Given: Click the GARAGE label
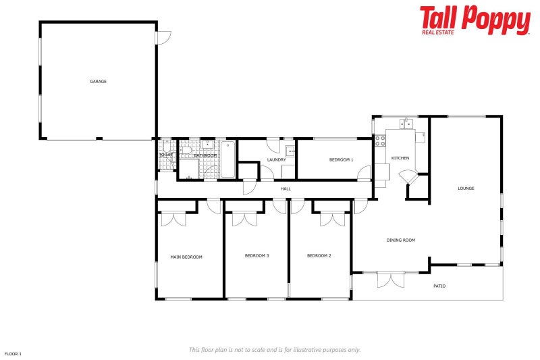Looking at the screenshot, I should tap(99, 82).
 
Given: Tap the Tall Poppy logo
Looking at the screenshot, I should tap(475, 20).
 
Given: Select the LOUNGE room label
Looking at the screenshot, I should tap(466, 188).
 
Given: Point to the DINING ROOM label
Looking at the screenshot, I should tap(400, 240).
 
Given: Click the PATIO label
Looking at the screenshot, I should tap(439, 286).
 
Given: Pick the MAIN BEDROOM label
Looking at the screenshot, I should tap(186, 257).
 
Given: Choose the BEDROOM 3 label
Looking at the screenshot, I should tap(256, 255).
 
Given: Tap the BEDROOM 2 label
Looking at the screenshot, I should tap(319, 255).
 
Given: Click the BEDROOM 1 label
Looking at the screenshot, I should tap(341, 160).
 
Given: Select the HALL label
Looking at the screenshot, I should tap(286, 188).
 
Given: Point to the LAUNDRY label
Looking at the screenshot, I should tap(276, 160).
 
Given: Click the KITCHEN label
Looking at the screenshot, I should tap(400, 158).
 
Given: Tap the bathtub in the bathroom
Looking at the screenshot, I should tap(227, 159).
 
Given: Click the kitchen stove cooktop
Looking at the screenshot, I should tap(380, 141).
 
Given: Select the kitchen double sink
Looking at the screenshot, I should tap(406, 123).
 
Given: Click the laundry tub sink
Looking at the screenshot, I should tap(289, 151).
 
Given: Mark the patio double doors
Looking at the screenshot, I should tap(391, 278).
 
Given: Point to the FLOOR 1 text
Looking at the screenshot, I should tap(13, 354).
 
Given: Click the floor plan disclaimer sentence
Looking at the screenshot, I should tap(275, 350).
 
